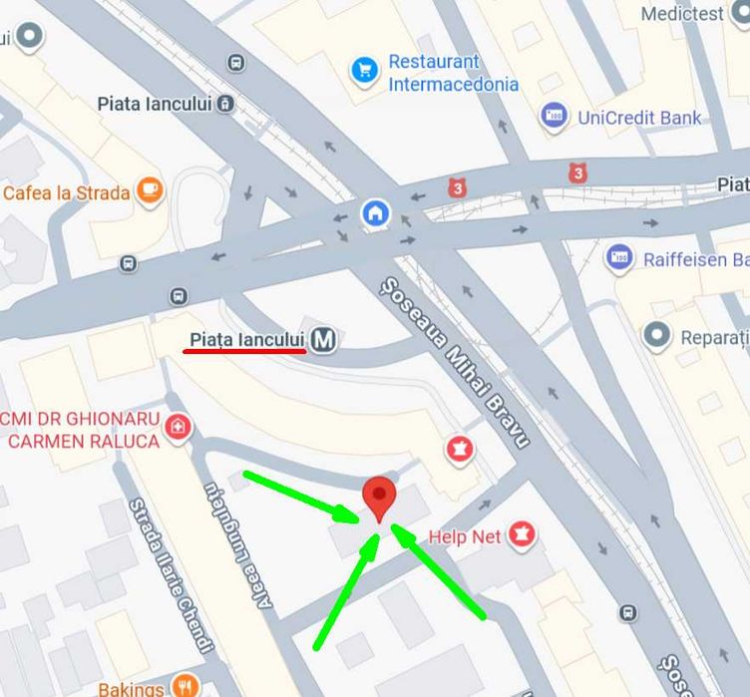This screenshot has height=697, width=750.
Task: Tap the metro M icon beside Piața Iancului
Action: [322, 341]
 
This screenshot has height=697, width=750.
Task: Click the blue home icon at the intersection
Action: [375, 212]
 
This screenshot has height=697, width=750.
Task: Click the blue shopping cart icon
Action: [364, 70]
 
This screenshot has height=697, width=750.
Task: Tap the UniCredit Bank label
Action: [639, 118]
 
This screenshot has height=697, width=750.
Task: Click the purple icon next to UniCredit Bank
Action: [555, 116]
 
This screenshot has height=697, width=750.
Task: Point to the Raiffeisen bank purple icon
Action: [619, 259]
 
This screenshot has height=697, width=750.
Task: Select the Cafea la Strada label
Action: [67, 192]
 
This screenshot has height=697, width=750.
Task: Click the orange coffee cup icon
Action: [150, 189]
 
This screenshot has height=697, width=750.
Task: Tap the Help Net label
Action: [465, 536]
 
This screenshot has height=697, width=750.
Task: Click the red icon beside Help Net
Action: [522, 535]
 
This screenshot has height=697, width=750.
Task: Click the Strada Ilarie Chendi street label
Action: [171, 575]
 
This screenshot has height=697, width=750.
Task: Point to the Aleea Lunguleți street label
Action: [236, 567]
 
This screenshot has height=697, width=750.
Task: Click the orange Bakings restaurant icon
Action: [184, 686]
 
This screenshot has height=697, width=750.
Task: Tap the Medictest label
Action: [682, 14]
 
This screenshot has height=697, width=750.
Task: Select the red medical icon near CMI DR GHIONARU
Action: [178, 428]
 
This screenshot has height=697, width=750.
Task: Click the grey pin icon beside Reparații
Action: [656, 336]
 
